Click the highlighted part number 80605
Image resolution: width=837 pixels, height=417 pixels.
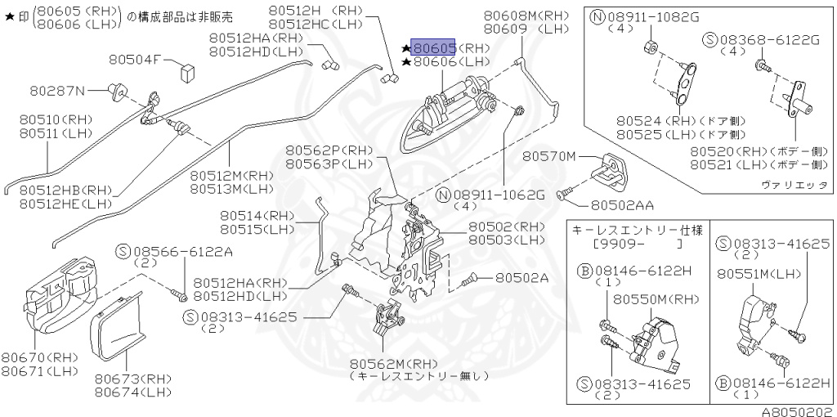435,48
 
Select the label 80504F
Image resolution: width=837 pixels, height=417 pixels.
137,60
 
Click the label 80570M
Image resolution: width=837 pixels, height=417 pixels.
550,156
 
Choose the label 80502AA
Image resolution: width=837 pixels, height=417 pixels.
623,204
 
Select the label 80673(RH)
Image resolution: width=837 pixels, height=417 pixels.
132,379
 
